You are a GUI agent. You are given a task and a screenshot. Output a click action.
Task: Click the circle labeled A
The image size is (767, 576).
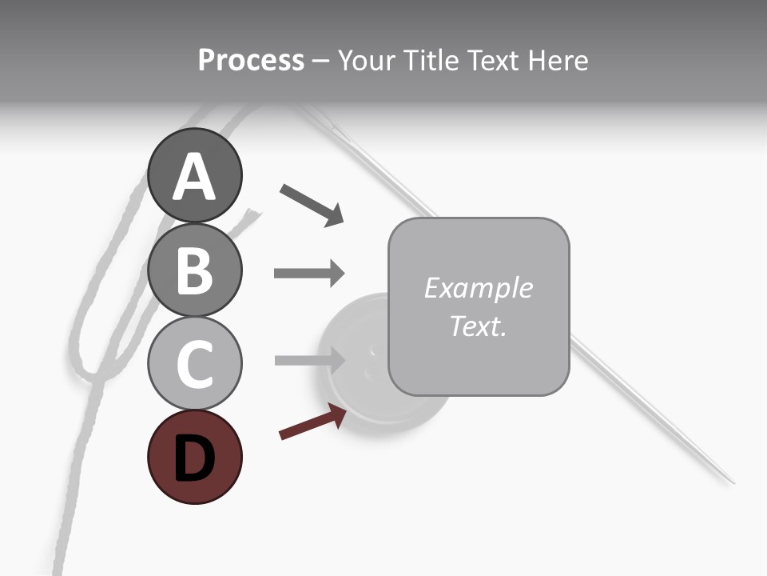tap(194, 176)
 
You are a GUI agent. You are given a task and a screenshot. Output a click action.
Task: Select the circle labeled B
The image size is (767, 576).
tap(194, 270)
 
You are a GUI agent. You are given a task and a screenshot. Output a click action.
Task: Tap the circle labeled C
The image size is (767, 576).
tap(194, 363)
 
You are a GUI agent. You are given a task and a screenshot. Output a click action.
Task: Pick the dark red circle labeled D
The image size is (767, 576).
tap(194, 457)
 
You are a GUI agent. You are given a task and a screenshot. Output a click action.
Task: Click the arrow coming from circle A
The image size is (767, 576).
tap(312, 205)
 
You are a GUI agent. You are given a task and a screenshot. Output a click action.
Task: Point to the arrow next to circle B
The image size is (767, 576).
tap(308, 273)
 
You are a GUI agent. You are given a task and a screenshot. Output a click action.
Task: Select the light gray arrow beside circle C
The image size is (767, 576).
tap(308, 360)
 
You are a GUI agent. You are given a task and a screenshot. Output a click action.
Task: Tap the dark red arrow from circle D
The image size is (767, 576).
tap(312, 422)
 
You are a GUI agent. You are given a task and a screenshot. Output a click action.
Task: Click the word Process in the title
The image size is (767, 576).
tap(251, 60)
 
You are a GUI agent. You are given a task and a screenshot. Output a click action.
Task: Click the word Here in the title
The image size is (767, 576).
tap(558, 60)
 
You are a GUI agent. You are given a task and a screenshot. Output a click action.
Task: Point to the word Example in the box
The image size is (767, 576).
tap(478, 288)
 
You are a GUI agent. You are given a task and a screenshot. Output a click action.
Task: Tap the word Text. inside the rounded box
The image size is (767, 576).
tap(478, 326)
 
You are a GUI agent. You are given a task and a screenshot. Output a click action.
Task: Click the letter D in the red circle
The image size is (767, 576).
tap(194, 458)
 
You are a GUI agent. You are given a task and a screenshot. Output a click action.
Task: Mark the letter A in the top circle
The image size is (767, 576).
tap(194, 178)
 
